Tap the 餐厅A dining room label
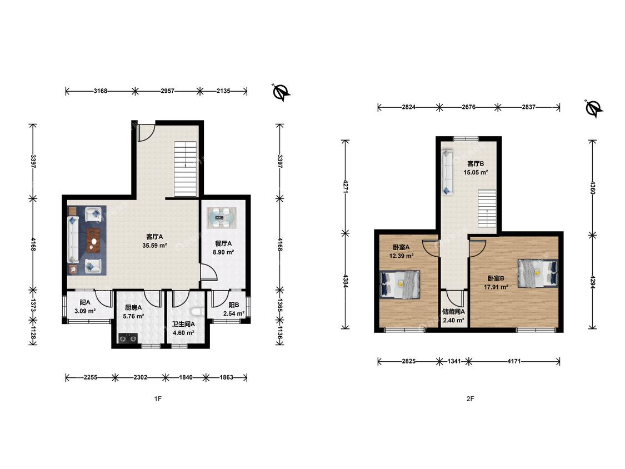[223, 243]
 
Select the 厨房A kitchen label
[133, 307]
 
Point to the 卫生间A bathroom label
[183, 324]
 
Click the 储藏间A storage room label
[453, 312]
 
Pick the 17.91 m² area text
[496, 287]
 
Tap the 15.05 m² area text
[476, 172]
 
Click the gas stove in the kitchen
[128, 338]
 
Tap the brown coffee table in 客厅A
[94, 241]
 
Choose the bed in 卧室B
[538, 273]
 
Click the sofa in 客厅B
[448, 172]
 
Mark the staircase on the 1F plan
[186, 169]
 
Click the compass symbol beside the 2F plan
[593, 108]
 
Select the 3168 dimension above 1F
[101, 91]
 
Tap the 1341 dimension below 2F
[454, 361]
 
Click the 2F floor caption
[471, 398]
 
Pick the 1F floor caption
[158, 398]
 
